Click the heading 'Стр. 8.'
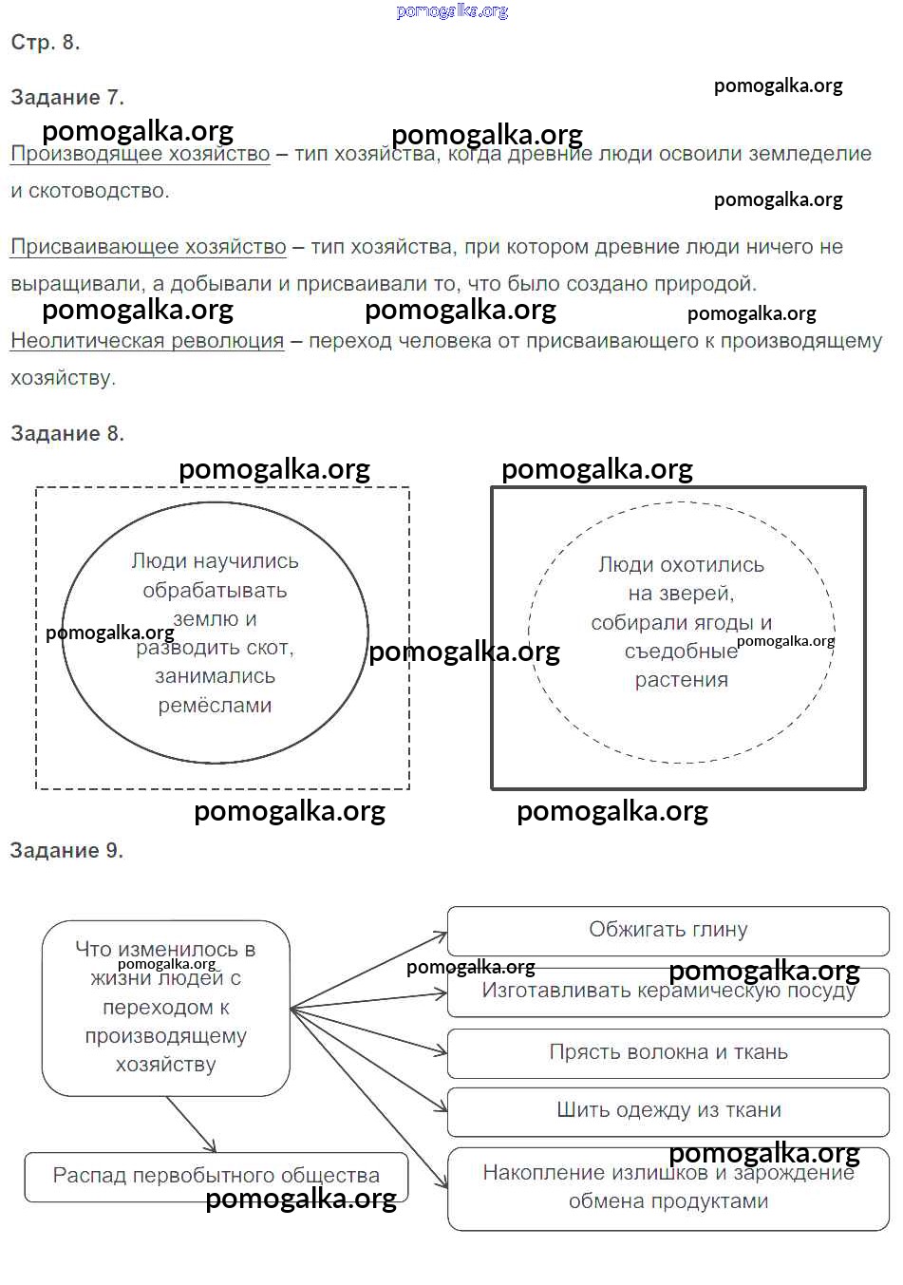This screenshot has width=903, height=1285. [x=45, y=42]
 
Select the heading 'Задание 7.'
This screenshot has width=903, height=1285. [x=66, y=97]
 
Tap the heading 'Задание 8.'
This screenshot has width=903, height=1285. [x=66, y=433]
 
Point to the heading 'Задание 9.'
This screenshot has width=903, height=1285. [x=66, y=850]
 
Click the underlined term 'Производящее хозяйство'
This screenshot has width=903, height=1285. [x=141, y=154]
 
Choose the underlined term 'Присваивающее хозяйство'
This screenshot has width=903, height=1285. [x=148, y=247]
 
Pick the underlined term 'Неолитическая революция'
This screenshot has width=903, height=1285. [x=147, y=341]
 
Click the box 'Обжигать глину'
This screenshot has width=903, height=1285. [x=668, y=930]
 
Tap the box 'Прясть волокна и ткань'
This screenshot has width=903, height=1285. [x=668, y=1052]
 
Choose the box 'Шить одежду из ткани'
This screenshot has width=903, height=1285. [x=668, y=1110]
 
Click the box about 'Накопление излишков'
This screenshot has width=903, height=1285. [x=668, y=1187]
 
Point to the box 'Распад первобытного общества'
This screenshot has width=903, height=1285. [x=216, y=1176]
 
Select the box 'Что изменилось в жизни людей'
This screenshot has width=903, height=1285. [x=165, y=1007]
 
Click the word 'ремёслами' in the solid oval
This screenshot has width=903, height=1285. [x=215, y=706]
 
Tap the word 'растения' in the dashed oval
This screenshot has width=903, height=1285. [x=681, y=680]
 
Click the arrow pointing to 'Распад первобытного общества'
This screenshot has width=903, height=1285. [x=192, y=1125]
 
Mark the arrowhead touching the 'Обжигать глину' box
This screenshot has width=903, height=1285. [x=441, y=936]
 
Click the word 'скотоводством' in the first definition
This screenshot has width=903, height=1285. [x=99, y=191]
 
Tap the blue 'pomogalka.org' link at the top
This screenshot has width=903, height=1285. [x=452, y=11]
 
